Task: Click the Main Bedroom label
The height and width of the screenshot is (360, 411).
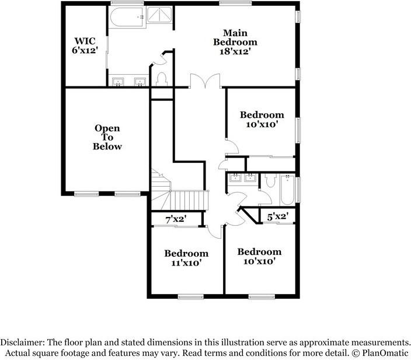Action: [235, 37]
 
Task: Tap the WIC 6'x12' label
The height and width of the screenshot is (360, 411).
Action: [85, 46]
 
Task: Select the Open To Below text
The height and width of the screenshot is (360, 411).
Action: [107, 137]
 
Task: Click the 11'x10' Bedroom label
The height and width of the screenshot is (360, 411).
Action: [186, 258]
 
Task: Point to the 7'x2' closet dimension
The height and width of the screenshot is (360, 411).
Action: [176, 219]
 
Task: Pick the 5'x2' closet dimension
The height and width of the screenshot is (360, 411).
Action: [277, 217]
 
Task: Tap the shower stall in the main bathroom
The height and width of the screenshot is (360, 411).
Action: [159, 18]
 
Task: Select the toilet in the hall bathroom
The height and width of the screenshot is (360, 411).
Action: [269, 181]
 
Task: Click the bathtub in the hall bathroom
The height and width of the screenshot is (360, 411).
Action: [288, 191]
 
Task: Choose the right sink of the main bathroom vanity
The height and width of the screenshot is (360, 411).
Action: [140, 81]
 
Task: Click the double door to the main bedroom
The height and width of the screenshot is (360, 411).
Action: [204, 81]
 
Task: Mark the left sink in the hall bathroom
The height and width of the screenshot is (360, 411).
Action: [235, 179]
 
